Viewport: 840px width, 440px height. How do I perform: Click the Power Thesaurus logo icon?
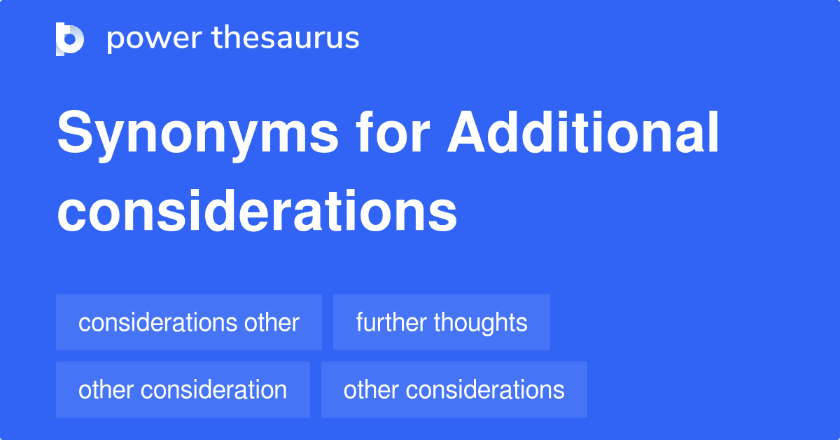coord(70,39)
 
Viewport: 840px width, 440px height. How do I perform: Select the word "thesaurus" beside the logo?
coord(286,39)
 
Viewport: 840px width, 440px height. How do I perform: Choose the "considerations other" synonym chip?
coord(189,323)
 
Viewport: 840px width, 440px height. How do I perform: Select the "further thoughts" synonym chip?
coord(441,323)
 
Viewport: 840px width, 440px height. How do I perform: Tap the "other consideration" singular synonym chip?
coord(183,390)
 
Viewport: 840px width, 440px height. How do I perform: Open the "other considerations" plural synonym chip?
coord(454,390)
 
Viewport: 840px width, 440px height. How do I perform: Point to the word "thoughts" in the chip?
coord(480,323)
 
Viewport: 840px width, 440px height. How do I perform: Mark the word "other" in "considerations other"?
coord(272,323)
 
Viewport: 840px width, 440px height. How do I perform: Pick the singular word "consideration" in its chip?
coord(215,390)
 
